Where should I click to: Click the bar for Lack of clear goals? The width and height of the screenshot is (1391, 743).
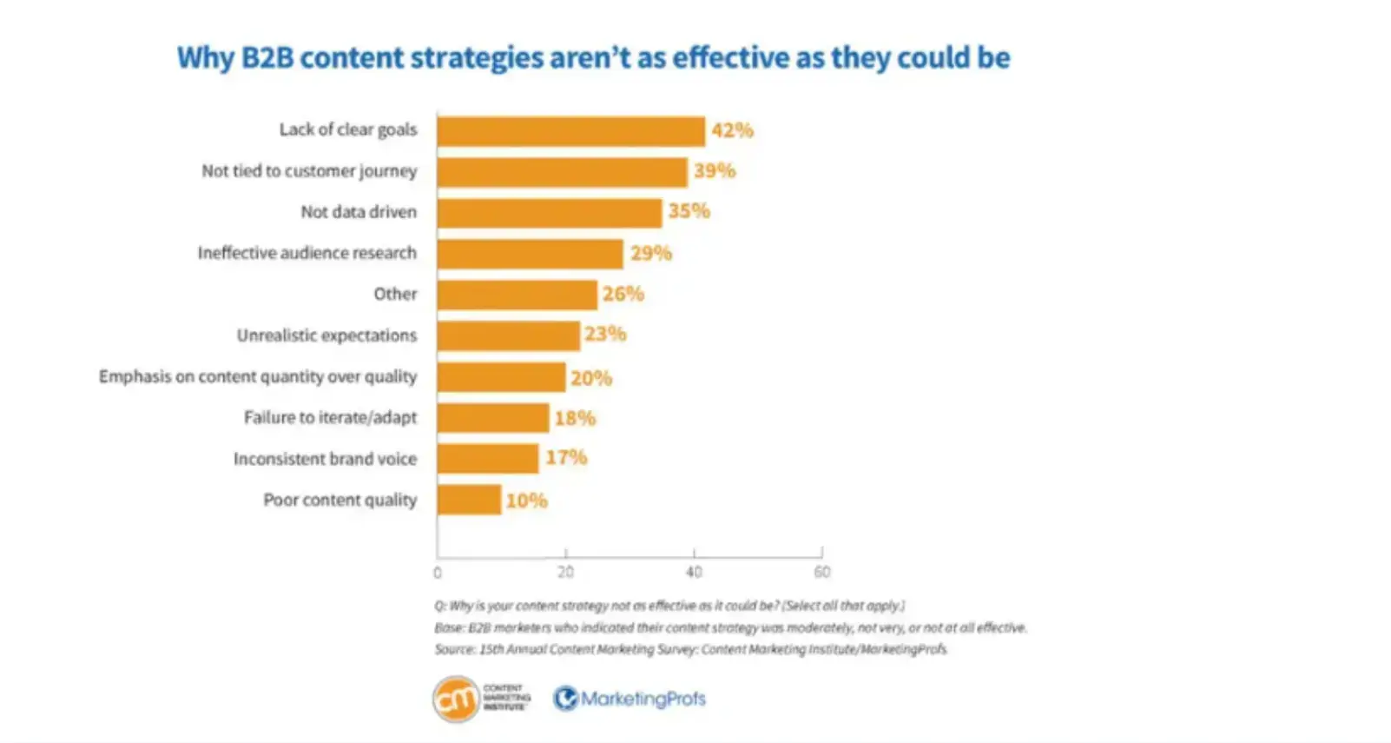570,131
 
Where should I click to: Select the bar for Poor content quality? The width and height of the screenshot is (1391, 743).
469,500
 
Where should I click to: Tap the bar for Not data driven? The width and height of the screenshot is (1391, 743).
549,213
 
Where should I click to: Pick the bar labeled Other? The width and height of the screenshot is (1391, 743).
517,295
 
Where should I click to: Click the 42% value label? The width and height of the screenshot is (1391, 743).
732,130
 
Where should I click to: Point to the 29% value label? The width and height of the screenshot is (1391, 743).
651,253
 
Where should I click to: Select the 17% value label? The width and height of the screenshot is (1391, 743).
566,457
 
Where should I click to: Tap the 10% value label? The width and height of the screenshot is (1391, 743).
526,501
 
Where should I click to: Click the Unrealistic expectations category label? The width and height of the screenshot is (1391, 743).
326,335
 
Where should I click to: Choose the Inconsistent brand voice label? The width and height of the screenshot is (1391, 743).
325,459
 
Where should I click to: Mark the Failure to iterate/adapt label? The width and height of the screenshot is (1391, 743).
330,418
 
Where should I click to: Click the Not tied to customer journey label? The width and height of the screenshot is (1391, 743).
309,171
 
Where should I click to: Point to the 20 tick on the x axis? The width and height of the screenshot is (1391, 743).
565,572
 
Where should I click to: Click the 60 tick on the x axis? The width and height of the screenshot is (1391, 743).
821,572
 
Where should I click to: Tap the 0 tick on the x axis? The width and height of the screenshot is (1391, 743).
438,573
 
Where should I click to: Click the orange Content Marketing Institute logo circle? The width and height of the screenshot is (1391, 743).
456,698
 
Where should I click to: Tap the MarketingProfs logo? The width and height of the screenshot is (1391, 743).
630,699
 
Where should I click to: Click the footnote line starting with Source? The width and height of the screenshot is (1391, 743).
690,649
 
